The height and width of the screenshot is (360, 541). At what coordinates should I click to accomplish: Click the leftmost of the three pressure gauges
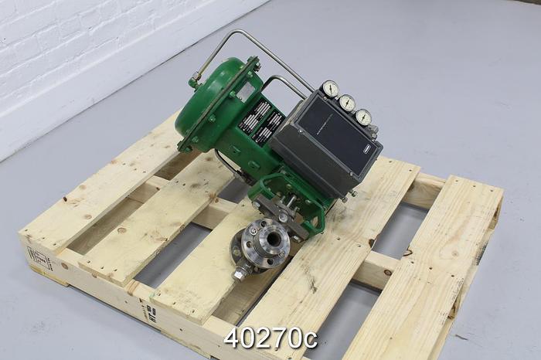point(331,89)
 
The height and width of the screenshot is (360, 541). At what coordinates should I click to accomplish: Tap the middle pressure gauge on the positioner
point(347,103)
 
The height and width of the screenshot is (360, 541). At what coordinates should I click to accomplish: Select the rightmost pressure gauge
point(363,117)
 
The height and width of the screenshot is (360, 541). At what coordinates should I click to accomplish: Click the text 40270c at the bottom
point(270,338)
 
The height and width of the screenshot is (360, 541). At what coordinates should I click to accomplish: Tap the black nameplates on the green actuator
point(260,124)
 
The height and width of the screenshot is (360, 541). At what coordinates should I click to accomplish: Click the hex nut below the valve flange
point(240,273)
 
